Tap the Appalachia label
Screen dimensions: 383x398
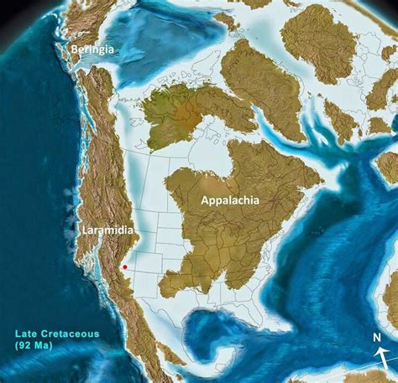[x=229, y=200]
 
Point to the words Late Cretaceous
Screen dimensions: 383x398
[x=56, y=334]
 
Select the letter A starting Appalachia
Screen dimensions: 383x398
[x=204, y=200]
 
